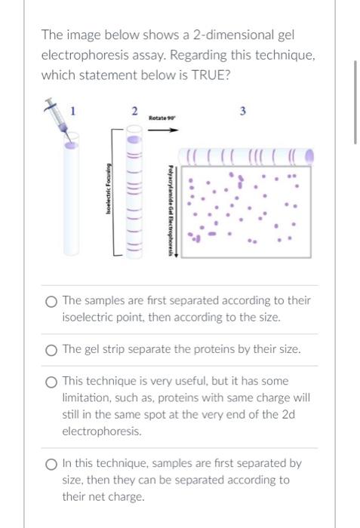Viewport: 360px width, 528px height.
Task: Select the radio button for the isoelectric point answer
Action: click(x=51, y=301)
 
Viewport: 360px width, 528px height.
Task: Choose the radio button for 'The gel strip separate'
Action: click(x=51, y=349)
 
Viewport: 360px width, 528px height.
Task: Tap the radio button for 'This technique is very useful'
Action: click(x=51, y=382)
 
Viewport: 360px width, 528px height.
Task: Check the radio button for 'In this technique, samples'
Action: click(x=51, y=464)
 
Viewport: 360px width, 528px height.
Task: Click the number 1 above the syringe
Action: click(x=72, y=111)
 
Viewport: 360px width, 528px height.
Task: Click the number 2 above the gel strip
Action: click(x=134, y=112)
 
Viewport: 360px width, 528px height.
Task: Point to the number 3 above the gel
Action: click(x=242, y=112)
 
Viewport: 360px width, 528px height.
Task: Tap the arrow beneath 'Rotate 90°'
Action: click(x=163, y=129)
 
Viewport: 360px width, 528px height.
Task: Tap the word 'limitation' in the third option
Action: click(x=88, y=398)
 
